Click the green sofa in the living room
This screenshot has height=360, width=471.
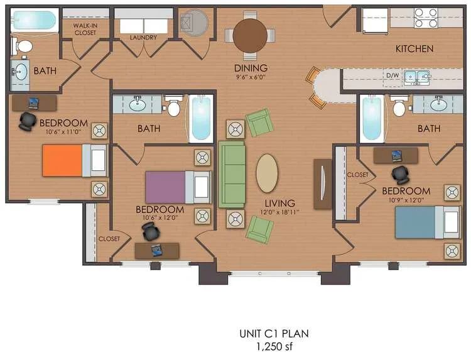coord(231,174)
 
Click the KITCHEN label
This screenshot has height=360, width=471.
coord(414,48)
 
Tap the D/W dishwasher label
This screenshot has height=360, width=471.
coord(392,76)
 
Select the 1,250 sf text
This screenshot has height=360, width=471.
coord(274,346)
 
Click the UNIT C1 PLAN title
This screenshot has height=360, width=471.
coord(274,334)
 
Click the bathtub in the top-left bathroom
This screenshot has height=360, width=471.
coord(35,21)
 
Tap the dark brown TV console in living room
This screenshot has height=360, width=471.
coord(322,183)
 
